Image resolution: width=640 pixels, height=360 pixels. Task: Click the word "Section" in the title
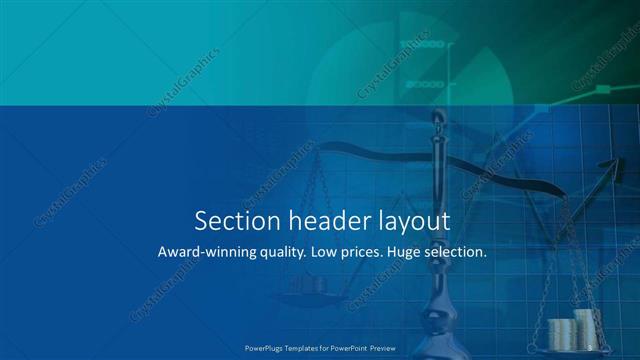[231, 220]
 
